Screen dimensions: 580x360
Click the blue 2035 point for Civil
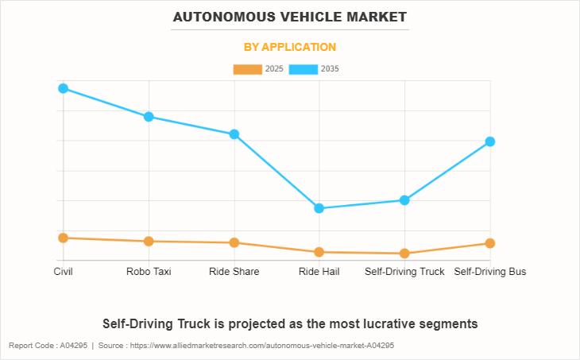(x=64, y=88)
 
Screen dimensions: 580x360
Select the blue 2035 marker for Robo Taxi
(x=149, y=117)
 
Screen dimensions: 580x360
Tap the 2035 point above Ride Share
(x=234, y=134)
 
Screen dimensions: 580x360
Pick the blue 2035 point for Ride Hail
(x=319, y=208)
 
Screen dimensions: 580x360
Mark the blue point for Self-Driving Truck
(x=404, y=200)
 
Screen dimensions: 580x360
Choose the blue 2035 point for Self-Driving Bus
(x=490, y=141)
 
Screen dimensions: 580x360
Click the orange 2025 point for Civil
(x=64, y=238)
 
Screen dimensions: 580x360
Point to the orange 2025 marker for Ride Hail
(x=319, y=253)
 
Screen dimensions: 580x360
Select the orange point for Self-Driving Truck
(x=404, y=254)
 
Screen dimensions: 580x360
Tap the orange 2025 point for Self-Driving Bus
(x=490, y=243)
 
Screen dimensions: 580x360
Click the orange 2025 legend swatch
(x=247, y=69)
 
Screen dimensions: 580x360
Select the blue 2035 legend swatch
(x=304, y=69)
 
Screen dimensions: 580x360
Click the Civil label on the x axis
(x=64, y=272)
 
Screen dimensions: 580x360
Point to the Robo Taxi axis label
(x=149, y=272)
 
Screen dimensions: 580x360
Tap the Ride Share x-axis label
(x=234, y=272)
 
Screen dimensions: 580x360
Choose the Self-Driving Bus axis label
(x=490, y=272)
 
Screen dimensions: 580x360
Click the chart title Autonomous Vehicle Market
(x=290, y=17)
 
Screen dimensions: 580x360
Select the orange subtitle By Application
(x=290, y=47)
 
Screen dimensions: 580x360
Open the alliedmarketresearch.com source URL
(x=262, y=346)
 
